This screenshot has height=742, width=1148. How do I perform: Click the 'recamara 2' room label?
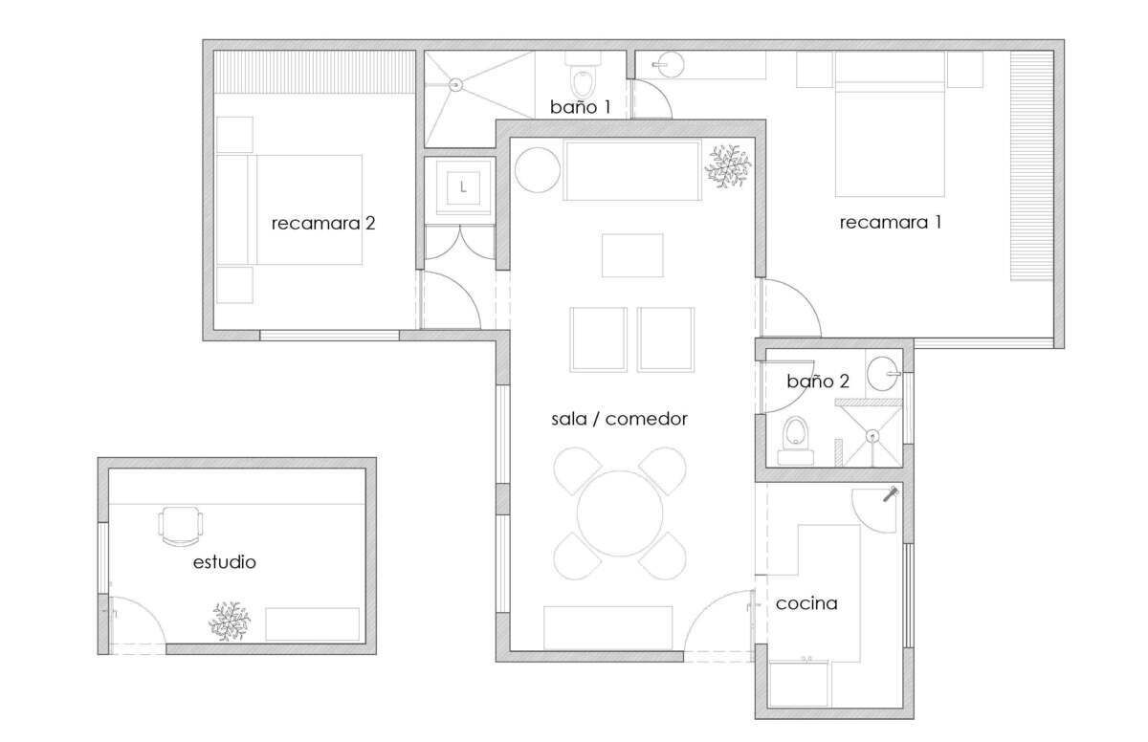pyautogui.click(x=323, y=223)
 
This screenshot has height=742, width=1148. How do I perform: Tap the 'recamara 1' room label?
pyautogui.click(x=891, y=222)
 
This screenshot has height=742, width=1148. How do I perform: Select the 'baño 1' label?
pyautogui.click(x=580, y=107)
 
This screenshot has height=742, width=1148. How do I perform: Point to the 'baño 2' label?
pyautogui.click(x=818, y=381)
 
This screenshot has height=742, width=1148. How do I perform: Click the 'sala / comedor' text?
pyautogui.click(x=619, y=419)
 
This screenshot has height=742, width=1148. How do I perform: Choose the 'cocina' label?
pyautogui.click(x=806, y=603)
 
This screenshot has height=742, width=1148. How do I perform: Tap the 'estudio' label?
pyautogui.click(x=225, y=562)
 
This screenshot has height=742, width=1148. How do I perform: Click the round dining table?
pyautogui.click(x=620, y=513)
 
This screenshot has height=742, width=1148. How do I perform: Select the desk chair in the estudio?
pyautogui.click(x=181, y=527)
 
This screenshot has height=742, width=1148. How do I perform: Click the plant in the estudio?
pyautogui.click(x=229, y=622)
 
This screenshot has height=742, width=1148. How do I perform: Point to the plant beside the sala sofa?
pyautogui.click(x=728, y=166)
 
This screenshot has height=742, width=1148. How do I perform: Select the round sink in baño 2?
pyautogui.click(x=882, y=374)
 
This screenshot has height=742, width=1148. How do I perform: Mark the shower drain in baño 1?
pyautogui.click(x=455, y=84)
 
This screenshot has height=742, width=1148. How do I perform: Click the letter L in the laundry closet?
pyautogui.click(x=463, y=187)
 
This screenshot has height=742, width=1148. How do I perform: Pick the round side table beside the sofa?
pyautogui.click(x=538, y=170)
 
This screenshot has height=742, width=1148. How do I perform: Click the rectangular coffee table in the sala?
pyautogui.click(x=632, y=255)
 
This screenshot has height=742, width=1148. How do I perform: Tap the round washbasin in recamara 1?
pyautogui.click(x=670, y=65)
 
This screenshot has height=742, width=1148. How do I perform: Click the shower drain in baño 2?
pyautogui.click(x=872, y=436)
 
